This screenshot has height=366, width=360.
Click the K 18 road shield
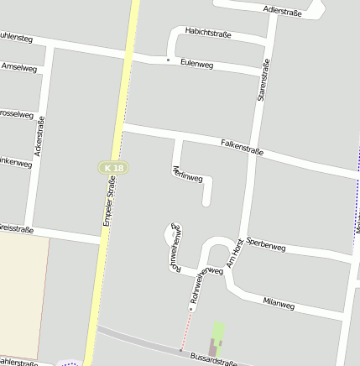point(112,169)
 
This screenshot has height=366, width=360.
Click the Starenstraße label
point(263,81)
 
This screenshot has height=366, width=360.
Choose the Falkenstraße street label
point(242,147)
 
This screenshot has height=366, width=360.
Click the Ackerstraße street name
point(38,136)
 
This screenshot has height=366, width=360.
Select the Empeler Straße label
point(109,201)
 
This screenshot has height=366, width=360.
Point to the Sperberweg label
point(266,246)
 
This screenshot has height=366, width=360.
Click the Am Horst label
point(237,253)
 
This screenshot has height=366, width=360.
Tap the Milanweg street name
point(279,301)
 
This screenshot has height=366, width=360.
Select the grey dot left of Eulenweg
point(168,60)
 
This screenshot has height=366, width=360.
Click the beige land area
point(21,294)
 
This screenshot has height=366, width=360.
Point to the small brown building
point(212,345)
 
